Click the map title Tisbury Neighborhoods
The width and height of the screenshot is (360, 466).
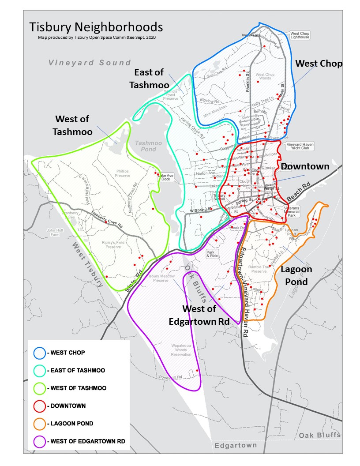[x=96, y=27]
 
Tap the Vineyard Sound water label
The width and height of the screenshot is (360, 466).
[x=90, y=63]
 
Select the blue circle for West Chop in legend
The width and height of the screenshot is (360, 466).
[x=39, y=353]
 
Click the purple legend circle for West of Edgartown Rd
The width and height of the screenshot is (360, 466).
[x=39, y=441]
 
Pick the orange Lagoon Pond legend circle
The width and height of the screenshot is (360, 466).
[x=39, y=423]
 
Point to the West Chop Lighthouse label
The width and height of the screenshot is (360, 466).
[x=300, y=35]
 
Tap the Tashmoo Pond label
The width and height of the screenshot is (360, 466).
[x=148, y=146]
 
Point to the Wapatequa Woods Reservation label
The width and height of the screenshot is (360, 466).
[x=181, y=352]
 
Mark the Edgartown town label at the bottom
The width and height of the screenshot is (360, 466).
[x=236, y=445]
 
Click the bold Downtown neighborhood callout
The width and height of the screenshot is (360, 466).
[x=305, y=166]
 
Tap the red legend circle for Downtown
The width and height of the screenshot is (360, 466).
[x=39, y=406]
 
